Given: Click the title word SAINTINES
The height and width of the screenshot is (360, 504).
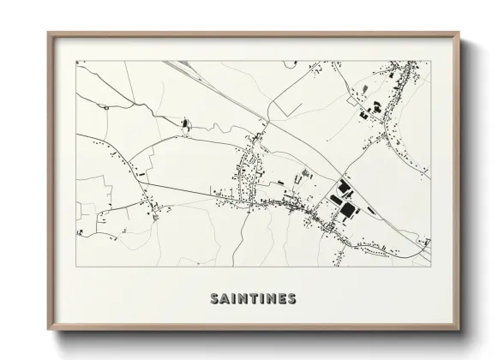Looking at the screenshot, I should point(253,299).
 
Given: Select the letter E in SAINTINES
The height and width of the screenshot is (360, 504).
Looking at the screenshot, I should point(282,299).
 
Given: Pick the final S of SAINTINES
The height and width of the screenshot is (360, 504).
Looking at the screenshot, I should point(292,299).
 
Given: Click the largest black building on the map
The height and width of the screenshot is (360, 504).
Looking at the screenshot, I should point(348,208).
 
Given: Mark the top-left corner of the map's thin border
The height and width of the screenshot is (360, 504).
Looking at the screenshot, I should point(75,60).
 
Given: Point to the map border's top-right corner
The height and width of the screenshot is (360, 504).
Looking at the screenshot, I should point(430,60).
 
